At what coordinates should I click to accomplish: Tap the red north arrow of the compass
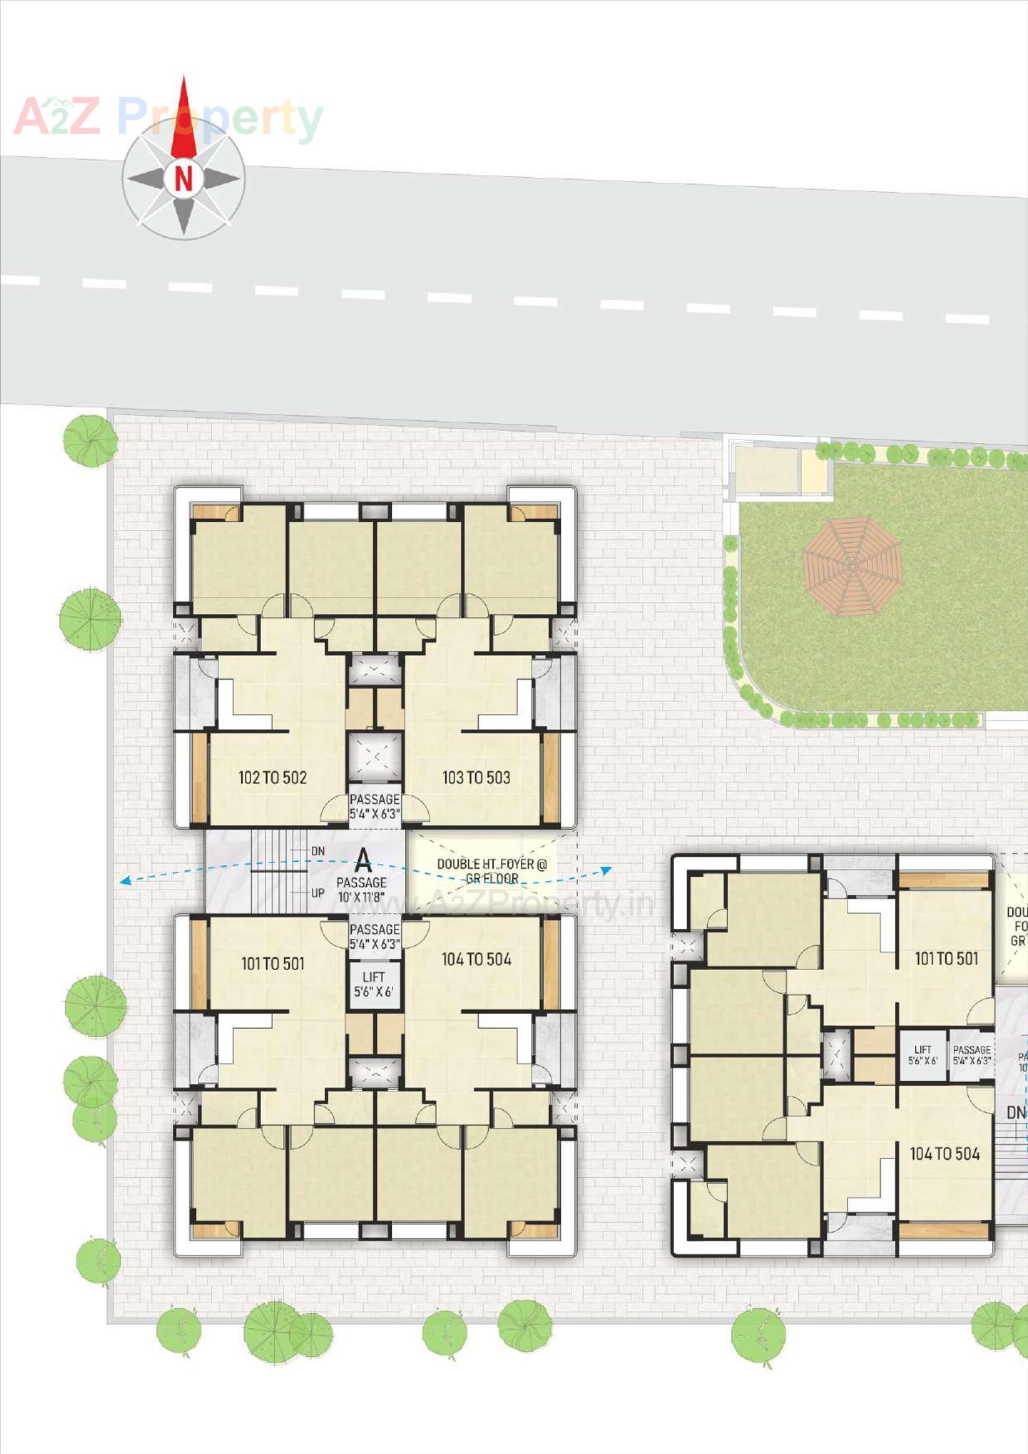(183, 120)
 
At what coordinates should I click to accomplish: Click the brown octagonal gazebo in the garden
(852, 566)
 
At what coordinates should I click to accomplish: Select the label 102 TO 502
(272, 777)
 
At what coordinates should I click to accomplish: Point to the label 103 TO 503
(476, 777)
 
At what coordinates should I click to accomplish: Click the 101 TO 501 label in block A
(273, 964)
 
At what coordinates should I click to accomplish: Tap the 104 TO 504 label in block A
(476, 960)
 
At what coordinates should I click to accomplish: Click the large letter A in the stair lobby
(363, 861)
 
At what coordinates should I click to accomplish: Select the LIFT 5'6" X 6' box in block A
(374, 984)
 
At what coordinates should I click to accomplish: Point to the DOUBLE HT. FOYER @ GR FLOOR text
(491, 871)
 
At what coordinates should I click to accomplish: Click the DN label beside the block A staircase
(318, 851)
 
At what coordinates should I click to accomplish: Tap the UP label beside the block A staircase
(318, 893)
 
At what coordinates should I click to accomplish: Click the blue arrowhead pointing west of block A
(126, 880)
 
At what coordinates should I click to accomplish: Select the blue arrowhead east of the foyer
(606, 871)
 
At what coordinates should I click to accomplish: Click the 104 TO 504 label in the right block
(945, 1154)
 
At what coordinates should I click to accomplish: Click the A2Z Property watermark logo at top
(168, 118)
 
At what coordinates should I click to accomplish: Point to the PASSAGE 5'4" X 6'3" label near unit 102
(374, 806)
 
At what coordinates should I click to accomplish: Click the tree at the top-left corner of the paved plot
(91, 441)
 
